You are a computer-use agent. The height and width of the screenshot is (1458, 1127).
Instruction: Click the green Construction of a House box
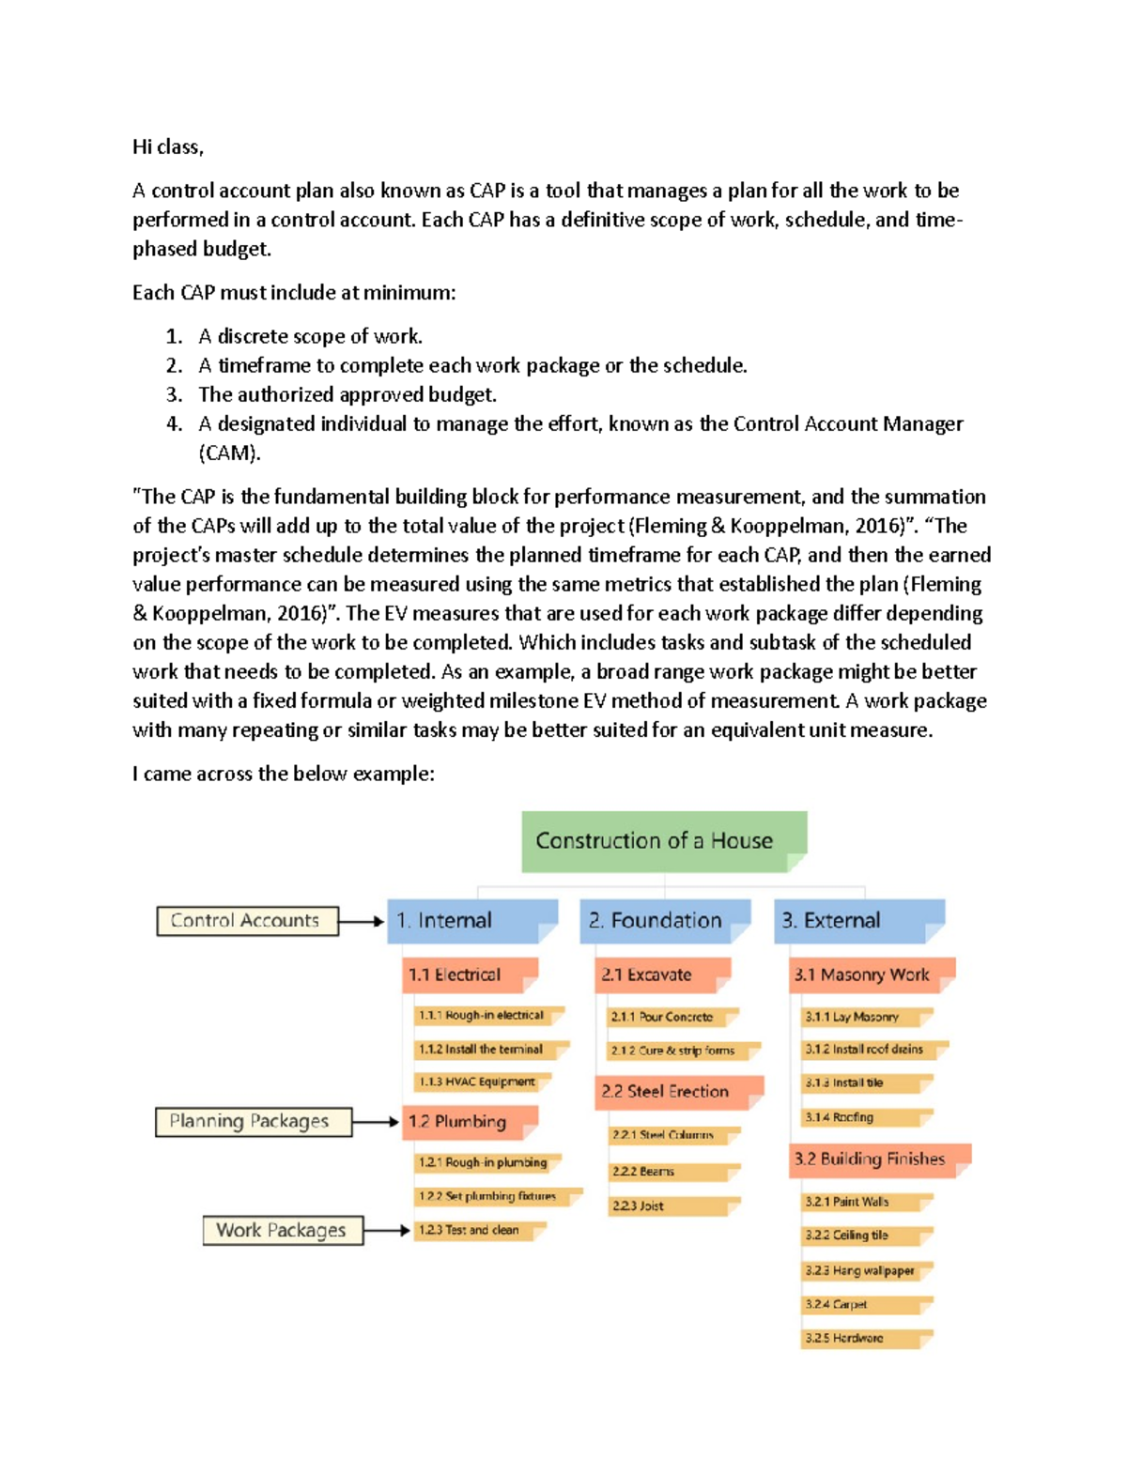(663, 841)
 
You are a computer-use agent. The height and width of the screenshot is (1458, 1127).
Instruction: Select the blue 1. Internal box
(471, 920)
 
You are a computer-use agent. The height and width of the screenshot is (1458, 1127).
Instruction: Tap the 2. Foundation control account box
(664, 920)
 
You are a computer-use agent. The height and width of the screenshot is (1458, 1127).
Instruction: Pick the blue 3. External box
(858, 920)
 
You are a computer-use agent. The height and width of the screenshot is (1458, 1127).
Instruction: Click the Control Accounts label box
(247, 921)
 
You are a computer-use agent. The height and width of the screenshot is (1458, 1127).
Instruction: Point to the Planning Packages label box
(253, 1122)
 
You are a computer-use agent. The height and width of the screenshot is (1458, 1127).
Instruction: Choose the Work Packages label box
(282, 1230)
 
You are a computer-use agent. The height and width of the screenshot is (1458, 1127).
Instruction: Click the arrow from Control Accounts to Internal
(362, 922)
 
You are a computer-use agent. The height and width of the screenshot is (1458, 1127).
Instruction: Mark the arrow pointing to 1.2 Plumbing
(376, 1122)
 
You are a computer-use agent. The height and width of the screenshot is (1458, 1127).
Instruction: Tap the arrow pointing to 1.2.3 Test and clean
(387, 1230)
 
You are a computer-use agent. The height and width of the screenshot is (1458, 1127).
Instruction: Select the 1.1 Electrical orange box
(469, 975)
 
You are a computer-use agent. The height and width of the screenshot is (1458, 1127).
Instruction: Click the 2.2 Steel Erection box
(678, 1092)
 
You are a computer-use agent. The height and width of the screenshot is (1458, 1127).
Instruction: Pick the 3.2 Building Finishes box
(879, 1159)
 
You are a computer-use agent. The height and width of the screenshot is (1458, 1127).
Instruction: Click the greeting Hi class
(168, 146)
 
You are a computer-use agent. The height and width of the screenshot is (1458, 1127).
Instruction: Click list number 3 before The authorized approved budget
(174, 394)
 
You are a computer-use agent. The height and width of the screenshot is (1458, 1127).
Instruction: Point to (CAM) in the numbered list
(229, 453)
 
